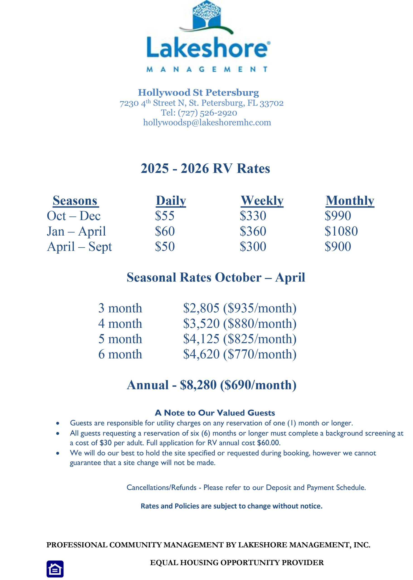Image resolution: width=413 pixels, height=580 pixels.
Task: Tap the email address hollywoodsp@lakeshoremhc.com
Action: (x=207, y=122)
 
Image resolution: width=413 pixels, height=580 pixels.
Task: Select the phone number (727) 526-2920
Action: (x=207, y=113)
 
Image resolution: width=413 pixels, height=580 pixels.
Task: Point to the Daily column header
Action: (x=171, y=201)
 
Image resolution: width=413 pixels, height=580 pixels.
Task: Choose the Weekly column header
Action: (x=262, y=201)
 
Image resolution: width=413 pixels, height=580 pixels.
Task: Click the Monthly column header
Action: (x=350, y=201)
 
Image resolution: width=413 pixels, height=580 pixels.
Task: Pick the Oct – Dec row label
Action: (x=74, y=216)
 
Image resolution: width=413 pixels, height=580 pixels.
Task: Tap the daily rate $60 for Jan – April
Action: (x=165, y=231)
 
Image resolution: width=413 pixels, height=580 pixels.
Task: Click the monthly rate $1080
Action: (x=341, y=231)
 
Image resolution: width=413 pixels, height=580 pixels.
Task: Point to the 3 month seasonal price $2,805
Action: (x=201, y=308)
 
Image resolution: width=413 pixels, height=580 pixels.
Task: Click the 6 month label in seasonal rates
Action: (x=120, y=354)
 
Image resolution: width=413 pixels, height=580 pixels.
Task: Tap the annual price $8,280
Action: (x=198, y=385)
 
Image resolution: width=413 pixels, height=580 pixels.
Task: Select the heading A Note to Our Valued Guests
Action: (x=215, y=413)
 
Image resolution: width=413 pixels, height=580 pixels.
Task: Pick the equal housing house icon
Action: (x=55, y=569)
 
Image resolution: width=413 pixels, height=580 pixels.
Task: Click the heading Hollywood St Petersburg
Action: (x=198, y=92)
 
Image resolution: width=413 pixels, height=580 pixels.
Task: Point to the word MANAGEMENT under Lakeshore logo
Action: (x=207, y=69)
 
